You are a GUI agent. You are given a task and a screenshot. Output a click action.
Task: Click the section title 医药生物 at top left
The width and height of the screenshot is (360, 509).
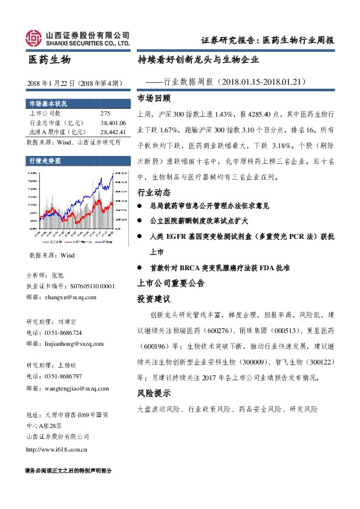coord(50,60)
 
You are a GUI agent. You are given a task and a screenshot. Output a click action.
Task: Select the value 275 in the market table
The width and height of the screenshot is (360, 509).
coord(105,114)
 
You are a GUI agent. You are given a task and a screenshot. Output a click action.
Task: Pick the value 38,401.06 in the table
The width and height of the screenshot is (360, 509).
coord(113,123)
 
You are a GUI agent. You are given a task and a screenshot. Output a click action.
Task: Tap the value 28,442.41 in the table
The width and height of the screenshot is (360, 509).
coord(113,132)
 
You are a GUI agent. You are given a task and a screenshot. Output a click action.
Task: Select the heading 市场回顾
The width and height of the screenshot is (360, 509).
coord(154,97)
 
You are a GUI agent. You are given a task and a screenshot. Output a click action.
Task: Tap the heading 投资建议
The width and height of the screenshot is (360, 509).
coord(154,299)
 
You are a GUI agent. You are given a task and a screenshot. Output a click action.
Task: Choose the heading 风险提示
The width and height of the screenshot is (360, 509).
coord(154,393)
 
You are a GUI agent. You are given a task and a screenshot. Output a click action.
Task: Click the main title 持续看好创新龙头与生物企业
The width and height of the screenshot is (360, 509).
coord(198,60)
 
